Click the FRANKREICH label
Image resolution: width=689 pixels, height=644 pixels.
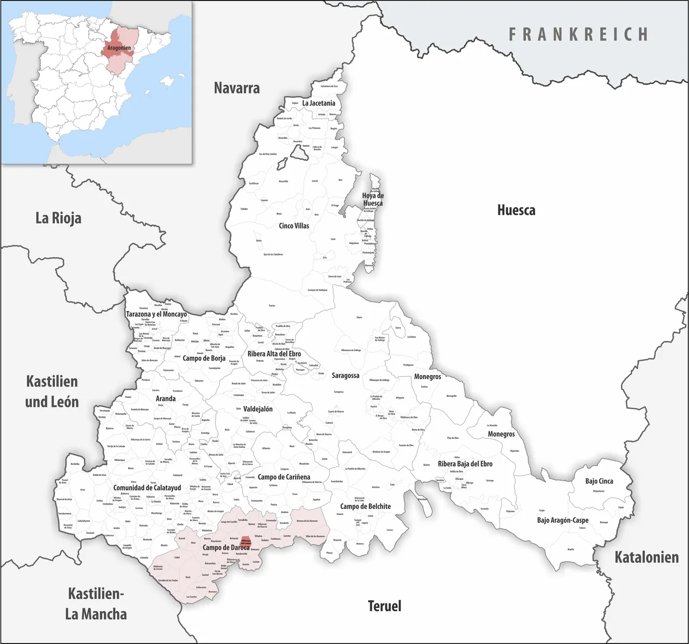tap(579, 34)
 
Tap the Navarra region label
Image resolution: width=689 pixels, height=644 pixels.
tap(237, 88)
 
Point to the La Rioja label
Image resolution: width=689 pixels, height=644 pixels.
tap(58, 218)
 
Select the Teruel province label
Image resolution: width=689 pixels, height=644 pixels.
tap(384, 606)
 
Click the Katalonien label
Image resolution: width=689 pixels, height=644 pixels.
tap(646, 557)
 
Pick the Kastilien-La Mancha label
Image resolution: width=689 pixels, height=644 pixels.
tap(96, 604)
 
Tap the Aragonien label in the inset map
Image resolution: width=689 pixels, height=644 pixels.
tap(119, 48)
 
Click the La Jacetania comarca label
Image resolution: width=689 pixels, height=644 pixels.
tap(319, 103)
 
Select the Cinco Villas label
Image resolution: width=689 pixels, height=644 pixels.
tap(294, 226)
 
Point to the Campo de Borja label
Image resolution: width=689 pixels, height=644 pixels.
tap(204, 358)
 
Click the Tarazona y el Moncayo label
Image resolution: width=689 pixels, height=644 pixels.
tap(157, 314)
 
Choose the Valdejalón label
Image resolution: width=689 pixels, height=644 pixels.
tap(258, 409)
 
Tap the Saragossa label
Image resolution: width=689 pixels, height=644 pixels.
tap(346, 375)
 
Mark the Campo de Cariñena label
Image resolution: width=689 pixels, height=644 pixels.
tap(284, 477)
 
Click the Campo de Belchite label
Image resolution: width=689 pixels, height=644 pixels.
tap(365, 506)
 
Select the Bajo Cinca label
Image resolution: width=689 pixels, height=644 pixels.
tap(599, 481)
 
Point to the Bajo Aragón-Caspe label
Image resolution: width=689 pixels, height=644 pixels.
tap(563, 520)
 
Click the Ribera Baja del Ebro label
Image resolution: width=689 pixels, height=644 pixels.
tap(465, 464)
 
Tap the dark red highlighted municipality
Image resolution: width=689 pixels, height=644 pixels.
tap(245, 541)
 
